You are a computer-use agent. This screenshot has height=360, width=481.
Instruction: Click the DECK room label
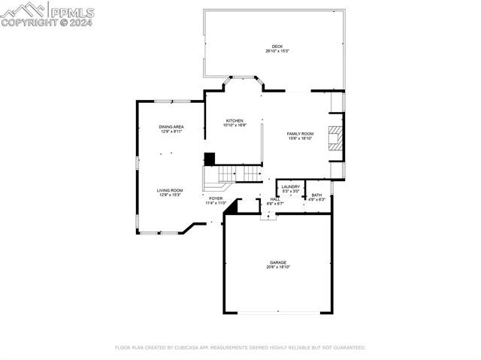click(277, 47)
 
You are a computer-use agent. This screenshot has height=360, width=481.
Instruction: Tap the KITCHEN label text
click(234, 120)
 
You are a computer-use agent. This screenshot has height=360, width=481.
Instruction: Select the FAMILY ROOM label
click(300, 133)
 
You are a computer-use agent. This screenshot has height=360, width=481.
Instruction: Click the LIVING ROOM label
click(170, 190)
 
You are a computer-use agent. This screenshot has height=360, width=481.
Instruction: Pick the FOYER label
click(216, 198)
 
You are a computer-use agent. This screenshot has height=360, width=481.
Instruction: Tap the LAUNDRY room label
click(291, 186)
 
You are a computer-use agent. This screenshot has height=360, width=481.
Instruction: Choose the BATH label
click(316, 195)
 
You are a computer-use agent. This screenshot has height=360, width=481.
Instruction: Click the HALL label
click(275, 199)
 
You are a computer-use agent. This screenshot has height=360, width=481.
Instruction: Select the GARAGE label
click(278, 262)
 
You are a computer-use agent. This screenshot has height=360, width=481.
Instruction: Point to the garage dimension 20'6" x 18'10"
click(278, 267)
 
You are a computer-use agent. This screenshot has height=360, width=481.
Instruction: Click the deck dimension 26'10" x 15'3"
click(277, 51)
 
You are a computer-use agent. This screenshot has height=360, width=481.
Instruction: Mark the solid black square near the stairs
click(210, 159)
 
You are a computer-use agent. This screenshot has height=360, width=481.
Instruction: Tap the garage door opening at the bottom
click(278, 312)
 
